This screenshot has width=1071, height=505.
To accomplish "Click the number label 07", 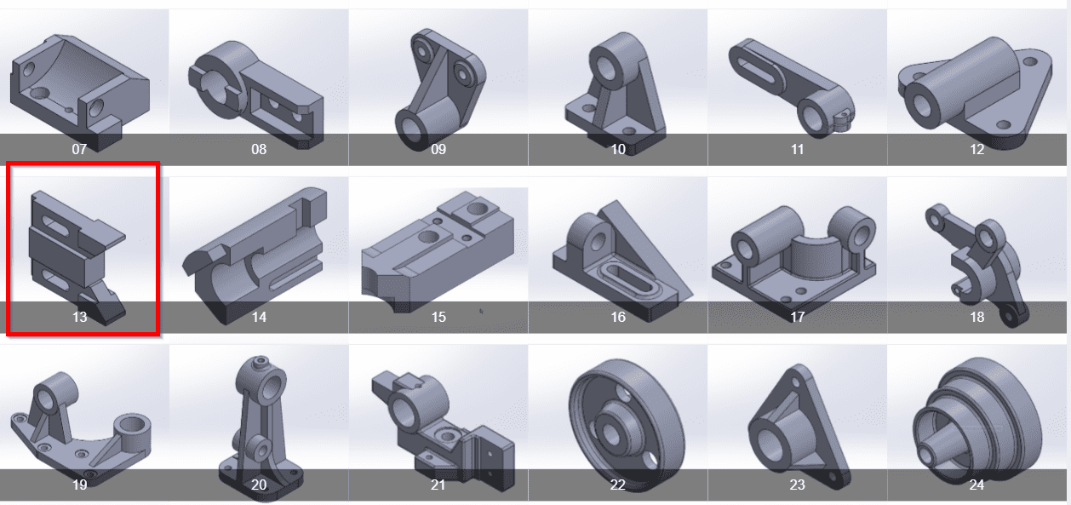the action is tap(79, 149).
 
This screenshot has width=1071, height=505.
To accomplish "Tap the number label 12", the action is tap(976, 149).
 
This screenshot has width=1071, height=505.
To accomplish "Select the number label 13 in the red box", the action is tap(79, 317).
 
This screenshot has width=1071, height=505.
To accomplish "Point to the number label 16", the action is tap(618, 317).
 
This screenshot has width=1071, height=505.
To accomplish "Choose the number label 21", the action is tap(438, 485).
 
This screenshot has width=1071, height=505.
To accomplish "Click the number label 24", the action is tap(976, 485).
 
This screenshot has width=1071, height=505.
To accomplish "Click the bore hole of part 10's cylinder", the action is tap(608, 69).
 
